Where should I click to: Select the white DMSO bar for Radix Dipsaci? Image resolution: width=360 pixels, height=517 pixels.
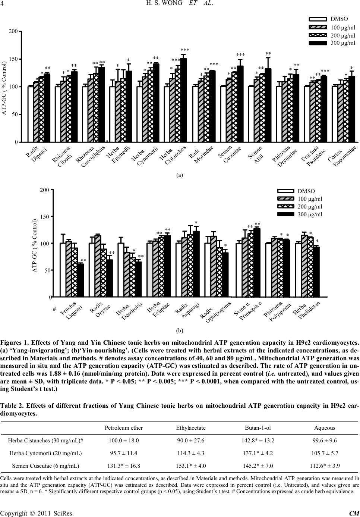[x=31, y=114]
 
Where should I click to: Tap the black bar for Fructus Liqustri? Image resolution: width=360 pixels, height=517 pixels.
[x=80, y=280]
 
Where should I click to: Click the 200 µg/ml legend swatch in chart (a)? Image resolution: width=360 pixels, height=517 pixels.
[x=318, y=35]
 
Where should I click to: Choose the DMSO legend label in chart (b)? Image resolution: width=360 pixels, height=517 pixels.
[x=306, y=191]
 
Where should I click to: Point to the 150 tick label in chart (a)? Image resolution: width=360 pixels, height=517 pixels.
[x=13, y=59]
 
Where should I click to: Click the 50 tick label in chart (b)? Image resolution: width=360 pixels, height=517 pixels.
[x=47, y=270]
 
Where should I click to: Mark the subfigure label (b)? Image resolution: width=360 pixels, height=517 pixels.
[x=179, y=330]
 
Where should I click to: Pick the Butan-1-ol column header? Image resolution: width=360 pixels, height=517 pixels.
[x=258, y=428]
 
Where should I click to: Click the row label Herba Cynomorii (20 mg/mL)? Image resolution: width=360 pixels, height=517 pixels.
[x=45, y=453]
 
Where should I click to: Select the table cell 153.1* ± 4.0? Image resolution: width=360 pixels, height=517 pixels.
[x=191, y=466]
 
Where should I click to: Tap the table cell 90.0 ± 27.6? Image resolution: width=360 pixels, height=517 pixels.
[x=191, y=441]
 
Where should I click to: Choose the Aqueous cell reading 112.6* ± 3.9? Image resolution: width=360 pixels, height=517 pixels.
[x=325, y=466]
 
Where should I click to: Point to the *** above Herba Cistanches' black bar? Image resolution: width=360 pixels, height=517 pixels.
[x=185, y=50]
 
